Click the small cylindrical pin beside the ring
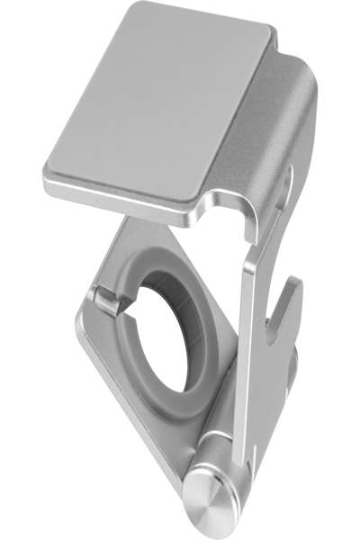click(x=106, y=301)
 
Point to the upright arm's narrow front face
click(x=253, y=360)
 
